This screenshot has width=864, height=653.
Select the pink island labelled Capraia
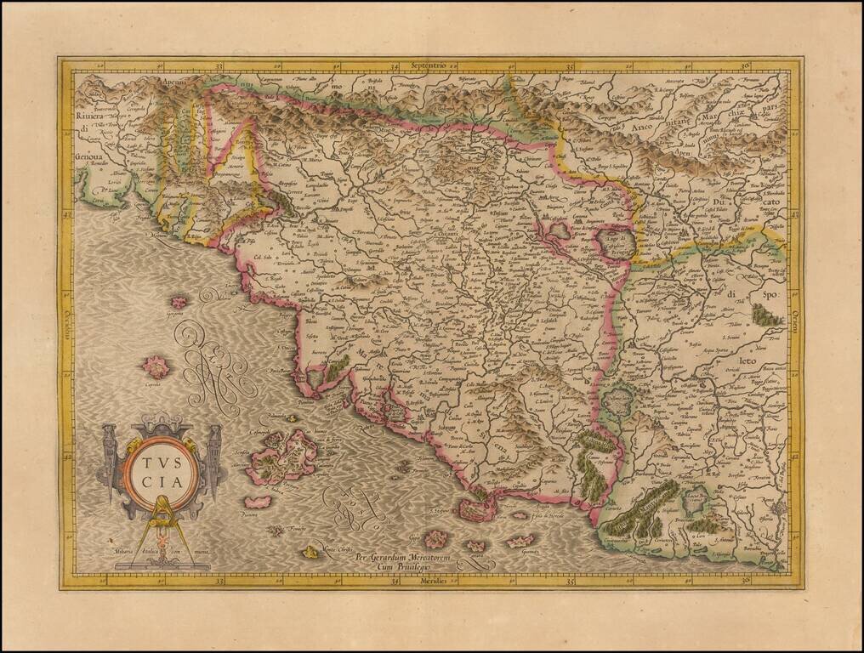(156, 367)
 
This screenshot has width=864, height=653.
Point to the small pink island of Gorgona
(179, 302)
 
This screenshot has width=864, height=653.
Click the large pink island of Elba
(293, 453)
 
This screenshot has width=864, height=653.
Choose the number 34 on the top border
(395, 65)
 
